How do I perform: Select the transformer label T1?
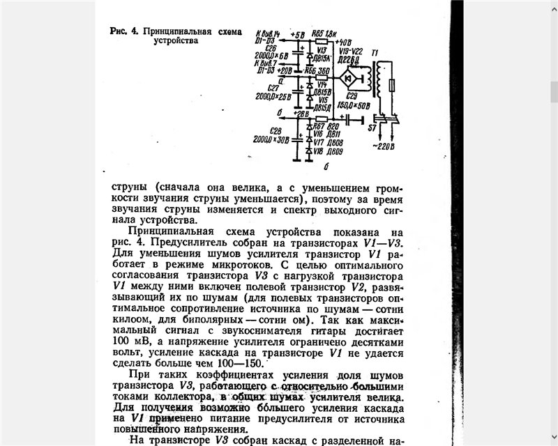[x=377, y=53]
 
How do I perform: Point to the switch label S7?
[x=372, y=129]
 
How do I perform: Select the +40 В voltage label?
[x=344, y=42]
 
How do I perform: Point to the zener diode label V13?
[x=322, y=50]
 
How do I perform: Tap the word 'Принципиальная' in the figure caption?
[x=176, y=31]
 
